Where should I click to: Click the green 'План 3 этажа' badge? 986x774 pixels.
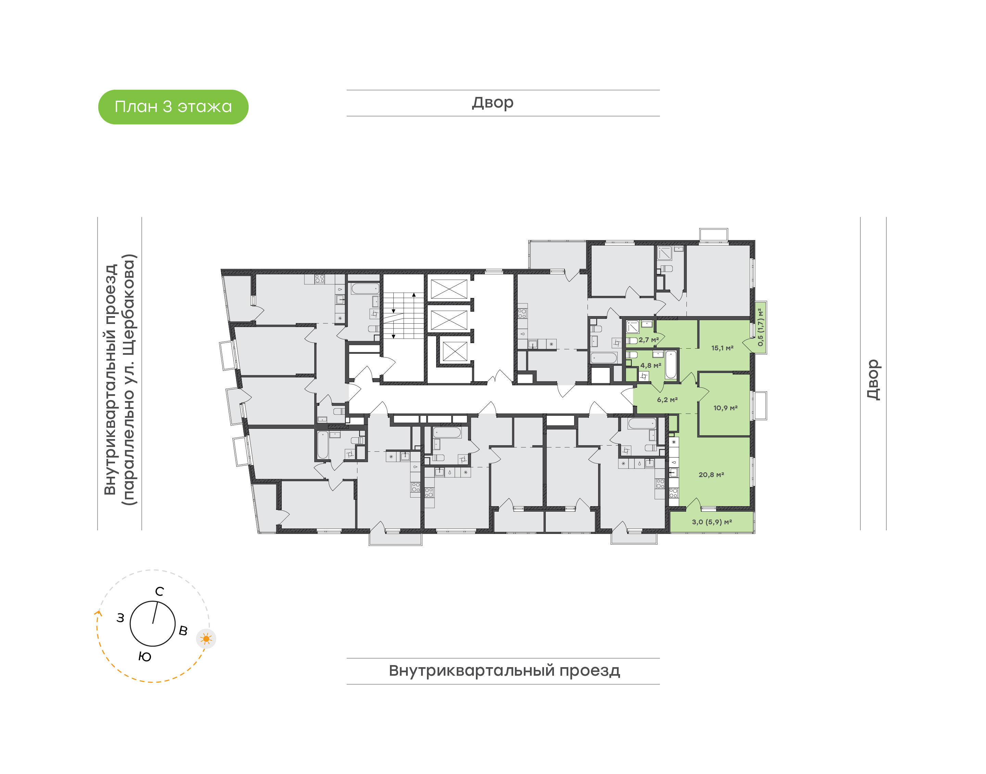pyautogui.click(x=173, y=107)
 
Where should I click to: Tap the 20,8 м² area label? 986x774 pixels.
pyautogui.click(x=711, y=474)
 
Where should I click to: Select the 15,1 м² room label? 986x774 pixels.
pyautogui.click(x=722, y=348)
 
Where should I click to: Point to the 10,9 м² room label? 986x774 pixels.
pyautogui.click(x=725, y=408)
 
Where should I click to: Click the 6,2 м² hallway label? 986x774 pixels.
pyautogui.click(x=668, y=400)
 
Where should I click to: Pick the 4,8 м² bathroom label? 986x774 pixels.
pyautogui.click(x=651, y=365)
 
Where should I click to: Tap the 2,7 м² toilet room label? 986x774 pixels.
pyautogui.click(x=648, y=339)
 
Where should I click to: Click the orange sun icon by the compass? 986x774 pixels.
pyautogui.click(x=206, y=639)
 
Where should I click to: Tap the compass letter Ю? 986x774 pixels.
pyautogui.click(x=144, y=657)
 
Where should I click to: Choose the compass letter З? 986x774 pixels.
pyautogui.click(x=120, y=618)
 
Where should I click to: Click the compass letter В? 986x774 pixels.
pyautogui.click(x=183, y=631)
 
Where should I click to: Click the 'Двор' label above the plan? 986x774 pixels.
pyautogui.click(x=493, y=103)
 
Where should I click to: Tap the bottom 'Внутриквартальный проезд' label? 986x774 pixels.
pyautogui.click(x=504, y=670)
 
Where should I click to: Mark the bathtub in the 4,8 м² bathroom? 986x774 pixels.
pyautogui.click(x=671, y=364)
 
